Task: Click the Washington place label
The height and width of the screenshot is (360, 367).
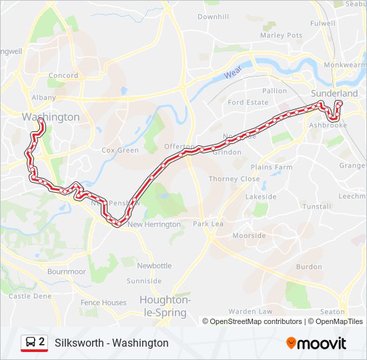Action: pyautogui.click(x=51, y=117)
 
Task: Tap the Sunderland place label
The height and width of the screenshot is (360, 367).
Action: pyautogui.click(x=334, y=93)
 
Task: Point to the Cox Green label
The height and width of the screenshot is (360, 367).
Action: pyautogui.click(x=120, y=151)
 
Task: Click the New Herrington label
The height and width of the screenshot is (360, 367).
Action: pyautogui.click(x=154, y=225)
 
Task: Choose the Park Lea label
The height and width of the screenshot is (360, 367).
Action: pyautogui.click(x=208, y=225)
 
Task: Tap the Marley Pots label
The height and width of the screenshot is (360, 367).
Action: pyautogui.click(x=281, y=35)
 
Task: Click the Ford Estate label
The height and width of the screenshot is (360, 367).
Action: pyautogui.click(x=248, y=103)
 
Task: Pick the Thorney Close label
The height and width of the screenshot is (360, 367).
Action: pyautogui.click(x=234, y=179)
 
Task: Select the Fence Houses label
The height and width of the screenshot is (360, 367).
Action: pyautogui.click(x=103, y=303)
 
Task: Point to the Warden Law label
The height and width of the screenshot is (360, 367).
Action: pyautogui.click(x=250, y=311)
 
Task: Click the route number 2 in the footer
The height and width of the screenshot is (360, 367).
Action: pyautogui.click(x=42, y=342)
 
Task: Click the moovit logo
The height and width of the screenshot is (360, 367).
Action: pyautogui.click(x=316, y=343)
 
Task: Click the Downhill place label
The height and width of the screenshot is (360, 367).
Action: pyautogui.click(x=213, y=16)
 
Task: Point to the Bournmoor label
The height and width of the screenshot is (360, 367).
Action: pyautogui.click(x=67, y=272)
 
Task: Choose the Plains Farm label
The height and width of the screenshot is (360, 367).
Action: pyautogui.click(x=272, y=167)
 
